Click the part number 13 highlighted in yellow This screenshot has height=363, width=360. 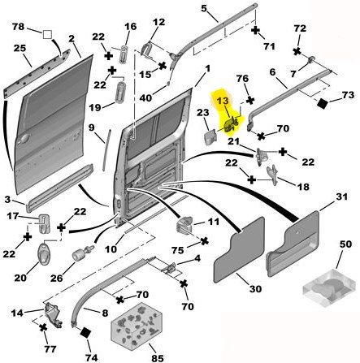[x=223, y=101]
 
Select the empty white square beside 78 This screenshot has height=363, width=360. [x=47, y=35]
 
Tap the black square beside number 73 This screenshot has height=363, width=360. [x=323, y=104]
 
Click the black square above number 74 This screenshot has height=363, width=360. [x=85, y=332]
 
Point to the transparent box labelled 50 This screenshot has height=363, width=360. [x=328, y=288]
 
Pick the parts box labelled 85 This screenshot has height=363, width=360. [x=137, y=325]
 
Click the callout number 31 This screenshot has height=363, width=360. [x=341, y=197]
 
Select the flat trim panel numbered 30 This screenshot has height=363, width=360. [x=239, y=249]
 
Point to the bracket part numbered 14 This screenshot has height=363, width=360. [x=53, y=315]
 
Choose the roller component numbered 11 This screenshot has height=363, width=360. [x=185, y=224]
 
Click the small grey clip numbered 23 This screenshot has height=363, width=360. [x=210, y=137]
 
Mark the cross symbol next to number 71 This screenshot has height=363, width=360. [x=255, y=30]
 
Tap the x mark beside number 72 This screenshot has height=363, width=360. [x=297, y=51]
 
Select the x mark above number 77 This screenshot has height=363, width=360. [x=43, y=327]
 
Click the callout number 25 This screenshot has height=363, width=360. [x=20, y=48]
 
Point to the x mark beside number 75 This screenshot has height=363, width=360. [x=204, y=241]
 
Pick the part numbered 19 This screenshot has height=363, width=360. [x=121, y=93]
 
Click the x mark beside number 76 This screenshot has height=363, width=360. [x=250, y=101]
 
